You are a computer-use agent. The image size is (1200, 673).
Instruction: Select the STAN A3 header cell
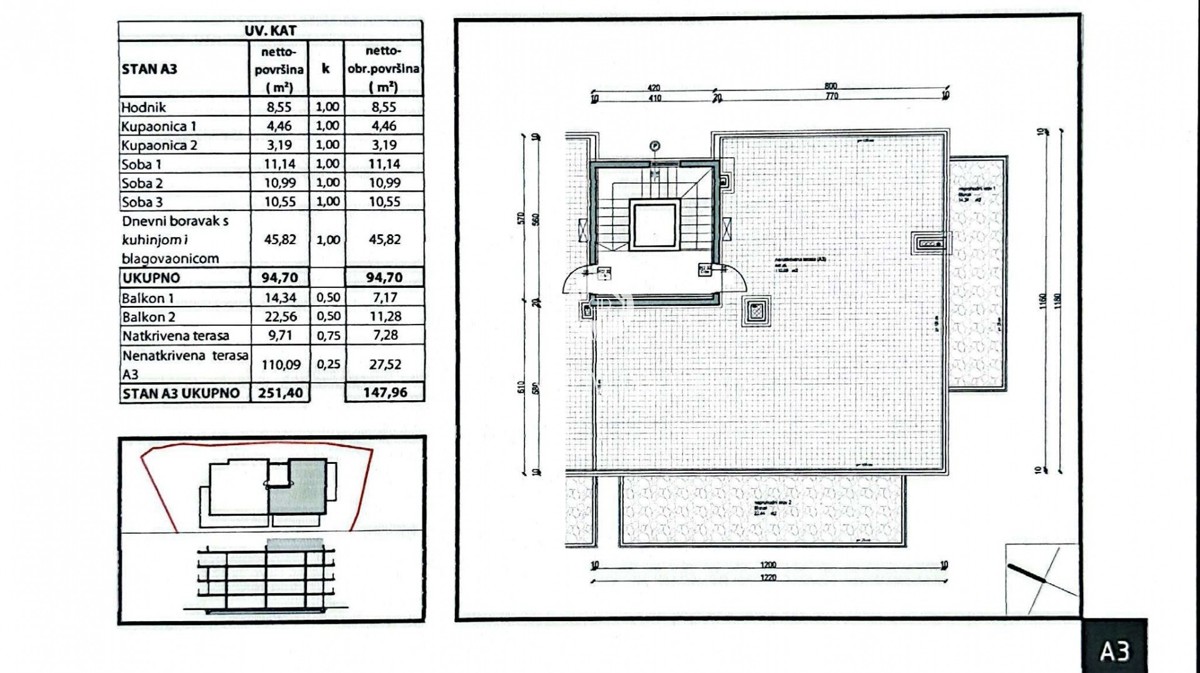pos(149,69)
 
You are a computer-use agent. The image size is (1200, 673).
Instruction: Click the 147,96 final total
pos(383,393)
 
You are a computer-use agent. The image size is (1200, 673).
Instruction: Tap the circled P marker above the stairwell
pos(655,146)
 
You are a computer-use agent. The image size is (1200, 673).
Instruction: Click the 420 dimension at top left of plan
pos(655,87)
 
